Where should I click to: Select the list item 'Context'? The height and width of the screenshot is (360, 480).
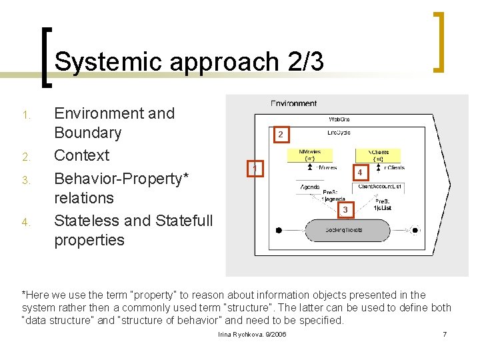point(81,155)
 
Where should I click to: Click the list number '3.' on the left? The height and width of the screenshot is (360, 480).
point(27,180)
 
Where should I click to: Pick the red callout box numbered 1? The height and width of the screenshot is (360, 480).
point(254,169)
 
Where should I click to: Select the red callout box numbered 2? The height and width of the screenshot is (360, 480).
point(280,134)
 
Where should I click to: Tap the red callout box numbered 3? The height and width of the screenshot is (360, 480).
point(345,210)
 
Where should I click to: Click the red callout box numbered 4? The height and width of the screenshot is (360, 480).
point(359,173)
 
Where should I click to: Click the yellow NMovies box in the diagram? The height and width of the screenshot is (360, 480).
point(310,155)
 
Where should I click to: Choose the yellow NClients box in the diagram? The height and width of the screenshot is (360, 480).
point(378,155)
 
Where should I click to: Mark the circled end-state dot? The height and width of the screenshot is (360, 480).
point(415,230)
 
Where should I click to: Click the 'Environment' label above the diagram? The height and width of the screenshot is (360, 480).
point(293,103)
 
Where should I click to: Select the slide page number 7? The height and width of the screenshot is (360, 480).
point(445,333)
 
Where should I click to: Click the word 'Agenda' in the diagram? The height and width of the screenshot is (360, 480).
point(309,187)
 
